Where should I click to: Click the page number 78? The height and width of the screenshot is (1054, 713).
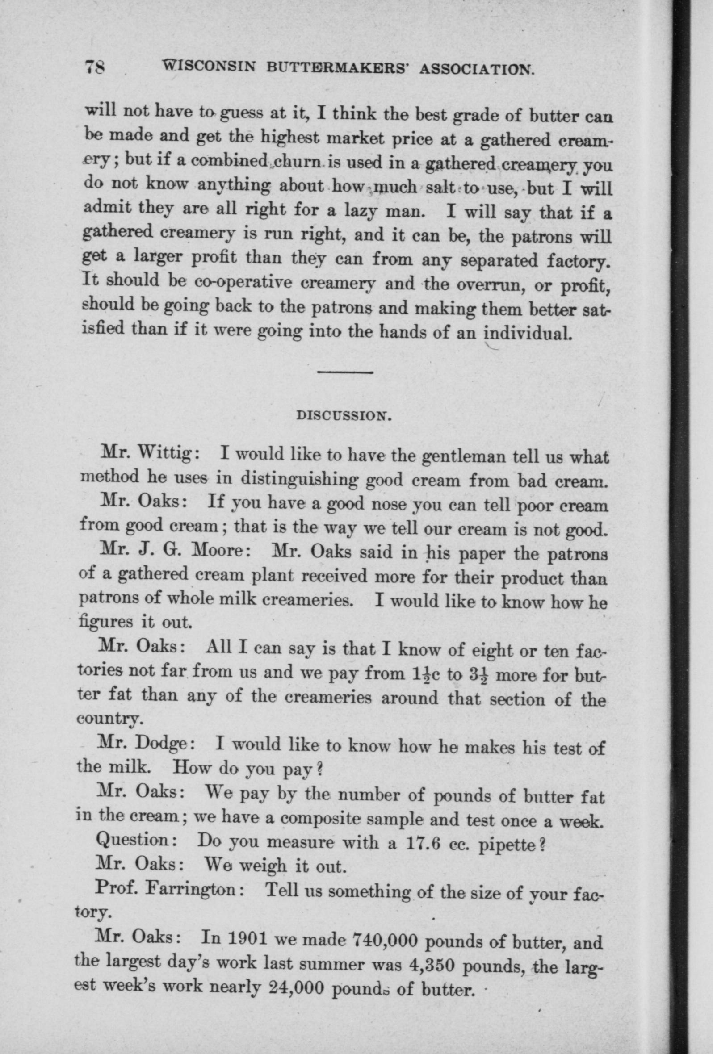pos(95,68)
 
